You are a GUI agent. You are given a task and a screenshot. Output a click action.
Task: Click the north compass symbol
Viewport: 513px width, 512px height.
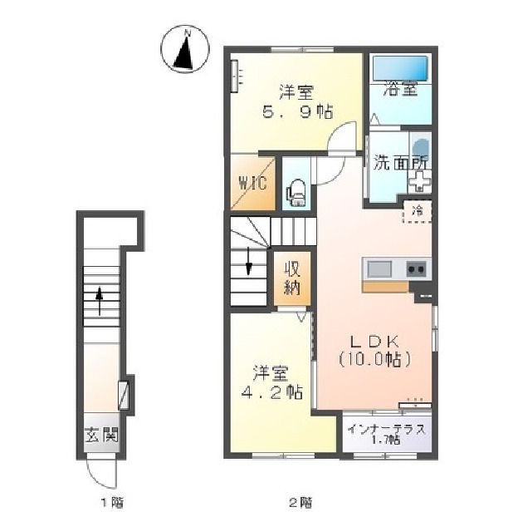185,48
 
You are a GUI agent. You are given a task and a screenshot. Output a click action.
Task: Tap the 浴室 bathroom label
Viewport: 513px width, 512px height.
401,88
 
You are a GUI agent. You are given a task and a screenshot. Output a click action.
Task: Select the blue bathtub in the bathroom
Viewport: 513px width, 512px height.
400,68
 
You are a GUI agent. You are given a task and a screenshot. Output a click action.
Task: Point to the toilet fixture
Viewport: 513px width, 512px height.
296,194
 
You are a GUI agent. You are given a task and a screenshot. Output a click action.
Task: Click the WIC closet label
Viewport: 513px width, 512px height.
253,183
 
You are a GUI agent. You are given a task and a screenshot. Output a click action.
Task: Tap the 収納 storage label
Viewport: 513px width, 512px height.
292,278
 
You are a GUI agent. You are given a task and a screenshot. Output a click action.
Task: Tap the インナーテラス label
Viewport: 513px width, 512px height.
387,430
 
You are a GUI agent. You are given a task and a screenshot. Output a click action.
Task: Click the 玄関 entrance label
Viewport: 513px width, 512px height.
101,436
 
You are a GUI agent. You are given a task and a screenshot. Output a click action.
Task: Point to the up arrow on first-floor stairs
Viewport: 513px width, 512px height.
99,301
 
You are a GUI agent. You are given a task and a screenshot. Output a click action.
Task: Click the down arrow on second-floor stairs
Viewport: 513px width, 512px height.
249,261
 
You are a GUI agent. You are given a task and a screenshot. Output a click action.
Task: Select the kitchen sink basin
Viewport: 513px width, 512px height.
379,269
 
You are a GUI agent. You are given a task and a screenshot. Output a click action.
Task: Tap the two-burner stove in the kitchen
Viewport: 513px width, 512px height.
417,269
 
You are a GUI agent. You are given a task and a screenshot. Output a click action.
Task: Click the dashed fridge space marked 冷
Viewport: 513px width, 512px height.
417,212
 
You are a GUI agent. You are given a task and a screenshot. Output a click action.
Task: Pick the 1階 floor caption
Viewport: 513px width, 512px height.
112,501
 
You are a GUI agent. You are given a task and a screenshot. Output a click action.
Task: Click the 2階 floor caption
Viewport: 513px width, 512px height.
300,501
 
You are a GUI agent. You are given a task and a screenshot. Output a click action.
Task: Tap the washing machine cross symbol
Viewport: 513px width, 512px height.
419,181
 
